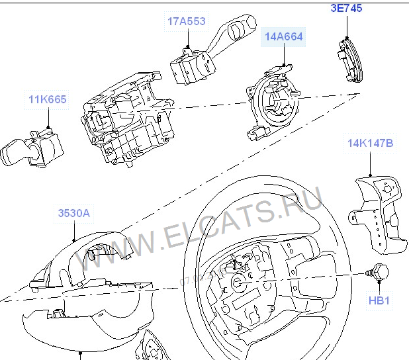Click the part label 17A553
tap(186, 21)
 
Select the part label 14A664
tap(283, 36)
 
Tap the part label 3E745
tap(346, 8)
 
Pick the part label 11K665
tap(47, 99)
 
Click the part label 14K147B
tap(370, 143)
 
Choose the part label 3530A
tap(74, 213)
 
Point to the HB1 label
tap(379, 300)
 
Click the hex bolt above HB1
tap(378, 273)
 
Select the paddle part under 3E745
tap(350, 60)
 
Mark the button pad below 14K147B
tap(378, 214)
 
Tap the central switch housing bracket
tap(128, 118)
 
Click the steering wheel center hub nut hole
tap(238, 283)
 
